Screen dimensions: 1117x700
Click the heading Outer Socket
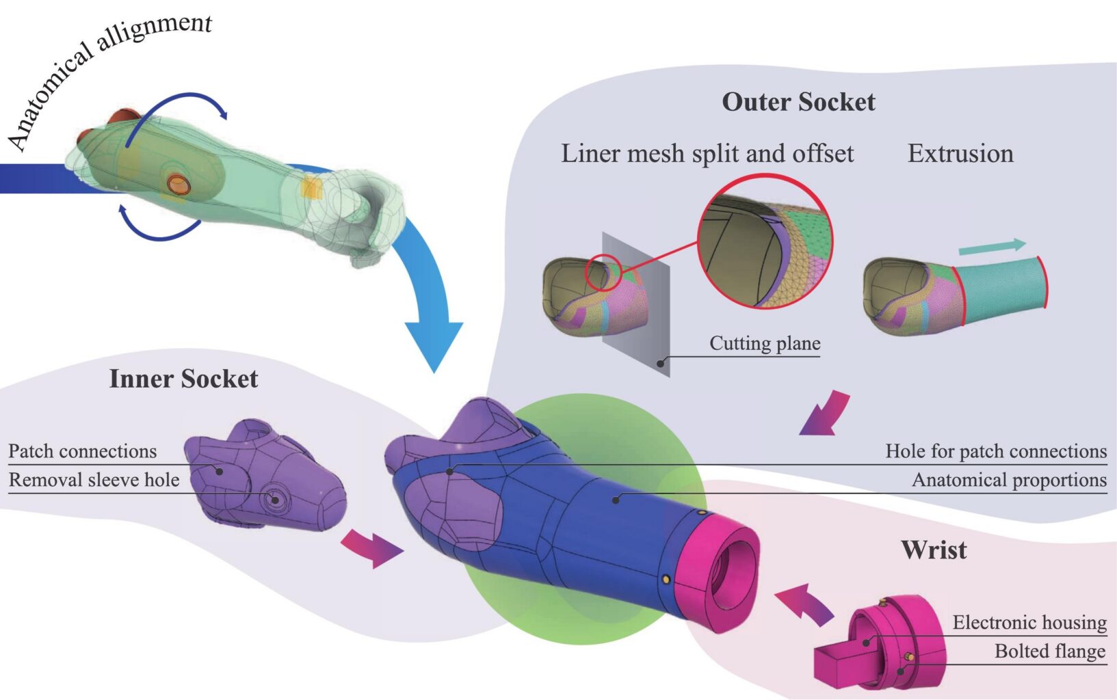798,102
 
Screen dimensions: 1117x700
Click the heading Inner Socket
183,379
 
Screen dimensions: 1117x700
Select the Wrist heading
934,550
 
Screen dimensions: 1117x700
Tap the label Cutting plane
765,343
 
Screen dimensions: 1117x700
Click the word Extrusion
960,153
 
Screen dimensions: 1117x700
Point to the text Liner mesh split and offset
707,153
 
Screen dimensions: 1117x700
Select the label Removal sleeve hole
94,480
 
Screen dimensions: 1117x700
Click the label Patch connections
83,451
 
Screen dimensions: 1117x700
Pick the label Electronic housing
1029,622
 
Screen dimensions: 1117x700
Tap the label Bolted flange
1050,651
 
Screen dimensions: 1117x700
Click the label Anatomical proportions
1010,481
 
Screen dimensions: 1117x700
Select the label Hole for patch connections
996,451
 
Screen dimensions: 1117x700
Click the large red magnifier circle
765,174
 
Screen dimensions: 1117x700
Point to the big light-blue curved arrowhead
434,344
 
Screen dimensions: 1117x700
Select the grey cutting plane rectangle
635,304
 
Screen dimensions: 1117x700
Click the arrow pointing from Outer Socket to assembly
826,414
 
